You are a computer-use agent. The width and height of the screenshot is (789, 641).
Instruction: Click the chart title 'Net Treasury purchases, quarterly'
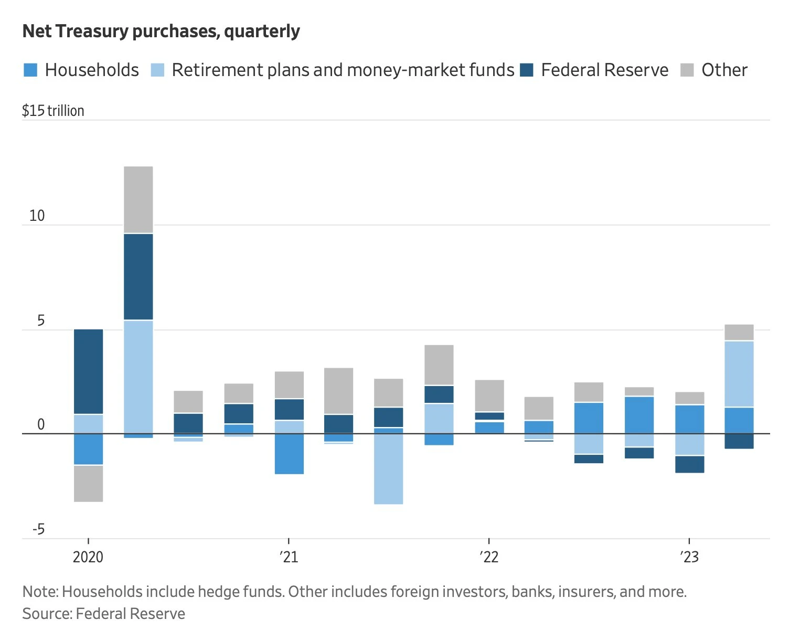click(x=161, y=31)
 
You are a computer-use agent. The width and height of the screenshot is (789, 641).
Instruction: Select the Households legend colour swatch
click(x=31, y=70)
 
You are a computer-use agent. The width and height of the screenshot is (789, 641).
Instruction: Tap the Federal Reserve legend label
click(x=604, y=70)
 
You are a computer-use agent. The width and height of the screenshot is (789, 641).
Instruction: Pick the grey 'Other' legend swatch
click(x=687, y=70)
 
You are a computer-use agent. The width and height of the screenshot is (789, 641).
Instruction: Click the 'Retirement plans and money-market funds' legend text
click(x=343, y=70)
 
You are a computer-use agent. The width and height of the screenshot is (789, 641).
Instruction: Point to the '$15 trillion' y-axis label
click(x=53, y=111)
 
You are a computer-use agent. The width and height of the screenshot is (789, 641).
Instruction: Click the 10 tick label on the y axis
click(x=37, y=216)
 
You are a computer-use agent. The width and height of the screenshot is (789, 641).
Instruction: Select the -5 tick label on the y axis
click(x=38, y=529)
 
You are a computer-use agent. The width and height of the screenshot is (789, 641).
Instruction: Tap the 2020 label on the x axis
click(x=88, y=557)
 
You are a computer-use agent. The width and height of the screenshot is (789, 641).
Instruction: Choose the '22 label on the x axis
click(x=488, y=557)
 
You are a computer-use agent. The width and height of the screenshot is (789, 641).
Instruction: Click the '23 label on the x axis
click(x=689, y=557)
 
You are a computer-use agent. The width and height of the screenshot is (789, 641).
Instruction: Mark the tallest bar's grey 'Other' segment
click(x=138, y=199)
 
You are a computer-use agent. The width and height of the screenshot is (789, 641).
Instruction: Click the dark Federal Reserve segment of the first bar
click(x=89, y=371)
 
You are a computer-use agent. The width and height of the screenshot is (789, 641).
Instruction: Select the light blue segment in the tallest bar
click(x=138, y=377)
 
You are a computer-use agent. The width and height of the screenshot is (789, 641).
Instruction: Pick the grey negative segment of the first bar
click(x=89, y=484)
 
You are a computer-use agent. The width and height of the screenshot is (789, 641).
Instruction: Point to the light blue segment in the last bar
click(x=739, y=374)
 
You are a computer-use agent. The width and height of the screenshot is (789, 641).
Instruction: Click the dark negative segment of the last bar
click(x=739, y=441)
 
